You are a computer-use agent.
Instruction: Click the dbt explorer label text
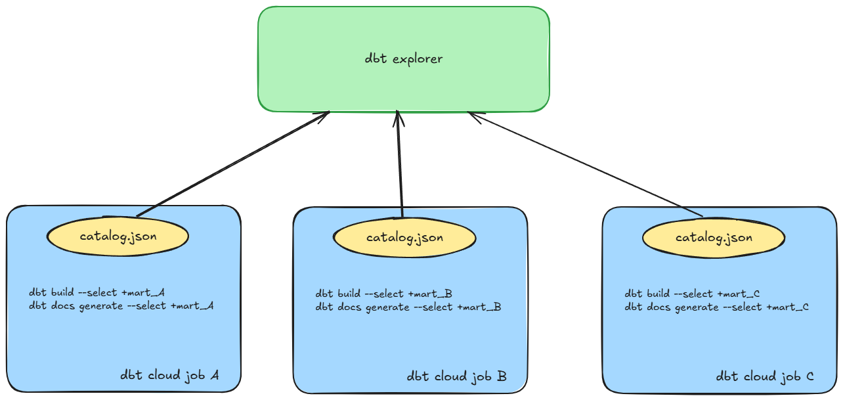click(404, 59)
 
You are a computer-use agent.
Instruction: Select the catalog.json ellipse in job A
click(118, 236)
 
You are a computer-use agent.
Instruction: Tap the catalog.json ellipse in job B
click(404, 238)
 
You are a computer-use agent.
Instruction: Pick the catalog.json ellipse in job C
click(714, 238)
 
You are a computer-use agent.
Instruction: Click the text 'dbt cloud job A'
click(169, 376)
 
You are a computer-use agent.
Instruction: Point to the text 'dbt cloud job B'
click(456, 376)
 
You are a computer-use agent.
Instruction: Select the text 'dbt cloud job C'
click(765, 377)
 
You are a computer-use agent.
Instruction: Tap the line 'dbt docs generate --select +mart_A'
click(121, 306)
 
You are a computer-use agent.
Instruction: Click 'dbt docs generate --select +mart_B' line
click(408, 307)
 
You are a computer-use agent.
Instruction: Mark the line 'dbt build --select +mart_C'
click(692, 294)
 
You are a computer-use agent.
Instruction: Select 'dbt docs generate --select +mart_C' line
click(716, 307)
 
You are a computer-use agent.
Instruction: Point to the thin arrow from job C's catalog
click(584, 164)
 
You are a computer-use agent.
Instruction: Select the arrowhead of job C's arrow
click(473, 116)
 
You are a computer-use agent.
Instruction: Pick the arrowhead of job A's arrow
click(324, 116)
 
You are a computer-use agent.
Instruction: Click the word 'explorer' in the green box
click(418, 59)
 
